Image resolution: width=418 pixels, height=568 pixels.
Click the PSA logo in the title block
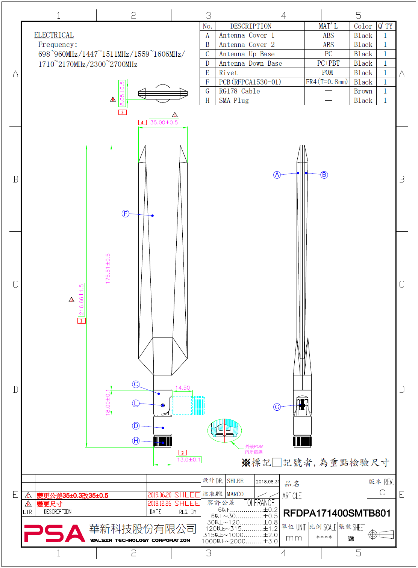(x=55, y=533)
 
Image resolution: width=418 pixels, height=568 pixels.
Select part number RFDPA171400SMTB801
(x=336, y=513)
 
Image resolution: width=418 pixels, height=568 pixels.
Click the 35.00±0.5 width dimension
(x=164, y=122)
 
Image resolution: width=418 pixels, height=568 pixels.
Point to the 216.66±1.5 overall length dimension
(x=81, y=299)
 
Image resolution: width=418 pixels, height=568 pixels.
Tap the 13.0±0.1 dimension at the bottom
(x=189, y=460)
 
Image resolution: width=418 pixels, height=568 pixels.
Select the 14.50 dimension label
(x=182, y=387)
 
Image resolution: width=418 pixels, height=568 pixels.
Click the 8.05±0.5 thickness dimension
(x=122, y=93)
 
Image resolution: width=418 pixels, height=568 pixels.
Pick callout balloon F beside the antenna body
(x=126, y=214)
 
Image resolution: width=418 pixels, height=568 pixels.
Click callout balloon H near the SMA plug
(x=136, y=441)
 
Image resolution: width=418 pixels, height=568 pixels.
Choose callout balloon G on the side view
(x=277, y=407)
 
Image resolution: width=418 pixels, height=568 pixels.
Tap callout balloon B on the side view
(x=324, y=175)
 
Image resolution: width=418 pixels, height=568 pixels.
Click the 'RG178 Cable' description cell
(x=239, y=91)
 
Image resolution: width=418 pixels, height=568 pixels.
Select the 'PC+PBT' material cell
(x=328, y=63)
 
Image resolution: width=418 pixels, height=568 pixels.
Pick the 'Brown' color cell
(x=363, y=91)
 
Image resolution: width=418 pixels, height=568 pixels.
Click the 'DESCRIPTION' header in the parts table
(x=251, y=26)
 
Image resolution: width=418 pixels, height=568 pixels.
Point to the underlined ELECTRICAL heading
(x=54, y=35)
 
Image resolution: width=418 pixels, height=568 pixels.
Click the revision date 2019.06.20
(x=159, y=495)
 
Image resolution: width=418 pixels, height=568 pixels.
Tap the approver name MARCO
(x=235, y=494)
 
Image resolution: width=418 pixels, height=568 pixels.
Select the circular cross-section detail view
(x=224, y=431)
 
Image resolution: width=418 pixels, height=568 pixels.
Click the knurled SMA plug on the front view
(x=163, y=441)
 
